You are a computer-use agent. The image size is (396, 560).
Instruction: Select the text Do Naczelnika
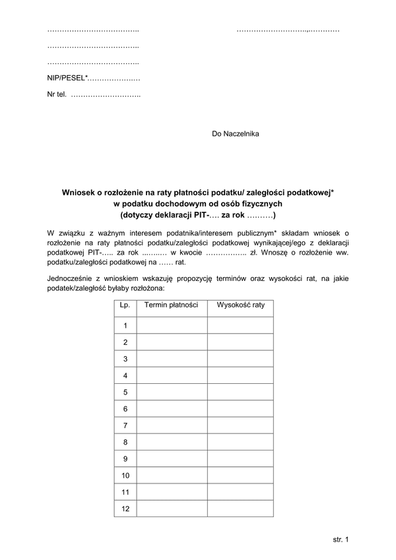pyautogui.click(x=236, y=134)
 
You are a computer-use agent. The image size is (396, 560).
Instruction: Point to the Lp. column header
pyautogui.click(x=125, y=305)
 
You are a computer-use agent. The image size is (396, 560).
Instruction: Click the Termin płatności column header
pyautogui.click(x=172, y=305)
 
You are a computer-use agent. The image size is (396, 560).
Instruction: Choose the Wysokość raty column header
pyautogui.click(x=240, y=305)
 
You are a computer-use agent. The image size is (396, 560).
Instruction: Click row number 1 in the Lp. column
pyautogui.click(x=125, y=325)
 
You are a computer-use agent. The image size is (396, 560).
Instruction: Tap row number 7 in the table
pyautogui.click(x=125, y=425)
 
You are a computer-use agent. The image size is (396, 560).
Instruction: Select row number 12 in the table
pyautogui.click(x=125, y=509)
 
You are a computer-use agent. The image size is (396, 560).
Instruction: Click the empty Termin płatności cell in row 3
pyautogui.click(x=172, y=359)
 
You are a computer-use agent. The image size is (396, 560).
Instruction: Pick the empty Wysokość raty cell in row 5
pyautogui.click(x=240, y=392)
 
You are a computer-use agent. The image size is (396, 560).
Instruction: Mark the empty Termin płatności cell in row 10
pyautogui.click(x=172, y=476)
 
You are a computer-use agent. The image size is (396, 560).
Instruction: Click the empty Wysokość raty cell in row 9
pyautogui.click(x=240, y=458)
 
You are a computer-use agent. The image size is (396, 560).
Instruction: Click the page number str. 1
pyautogui.click(x=341, y=540)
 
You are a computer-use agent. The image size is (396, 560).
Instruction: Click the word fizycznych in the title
pyautogui.click(x=263, y=203)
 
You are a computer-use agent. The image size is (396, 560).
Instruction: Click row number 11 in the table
pyautogui.click(x=125, y=492)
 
